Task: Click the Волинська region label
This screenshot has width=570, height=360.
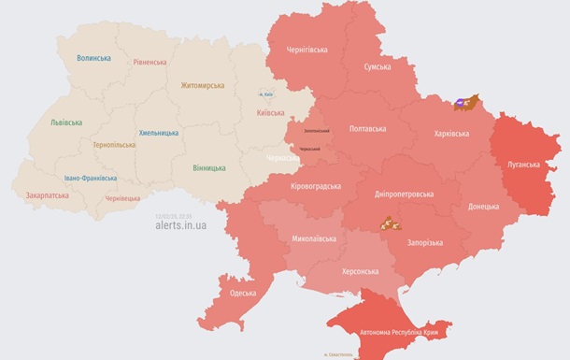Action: coord(93,58)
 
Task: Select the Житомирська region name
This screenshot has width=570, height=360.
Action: coord(203,85)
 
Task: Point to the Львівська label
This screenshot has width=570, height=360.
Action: coord(66,122)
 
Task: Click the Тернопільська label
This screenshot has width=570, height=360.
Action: coord(116,145)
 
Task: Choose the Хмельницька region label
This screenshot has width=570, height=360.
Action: coord(158,133)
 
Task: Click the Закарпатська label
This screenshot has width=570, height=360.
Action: coord(47,196)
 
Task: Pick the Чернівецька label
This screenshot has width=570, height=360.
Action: coord(123,198)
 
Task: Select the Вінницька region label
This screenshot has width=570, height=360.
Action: coord(208,167)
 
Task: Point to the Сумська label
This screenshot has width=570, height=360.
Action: coord(377,67)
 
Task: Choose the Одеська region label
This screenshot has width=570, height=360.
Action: coord(243,293)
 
